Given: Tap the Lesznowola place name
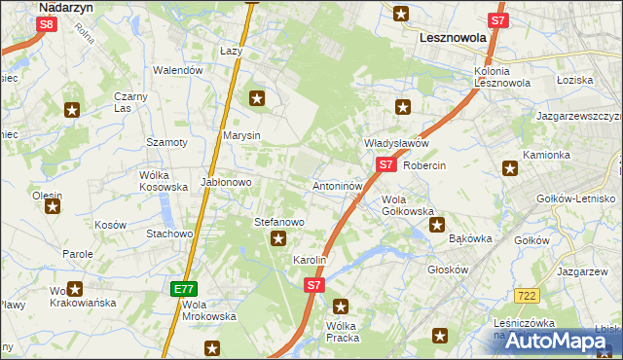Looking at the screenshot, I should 451,38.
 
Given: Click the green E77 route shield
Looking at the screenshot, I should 184,288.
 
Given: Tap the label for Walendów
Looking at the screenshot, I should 179,70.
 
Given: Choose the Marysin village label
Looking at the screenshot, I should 241,135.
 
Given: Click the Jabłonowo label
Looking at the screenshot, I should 227,182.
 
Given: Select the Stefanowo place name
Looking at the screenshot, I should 279,222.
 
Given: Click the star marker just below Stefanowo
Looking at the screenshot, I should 279,238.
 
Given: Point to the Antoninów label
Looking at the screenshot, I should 338,185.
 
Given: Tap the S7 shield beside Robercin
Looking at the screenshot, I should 386,165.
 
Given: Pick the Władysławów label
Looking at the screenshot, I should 396,143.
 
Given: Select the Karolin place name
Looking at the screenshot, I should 310,261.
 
